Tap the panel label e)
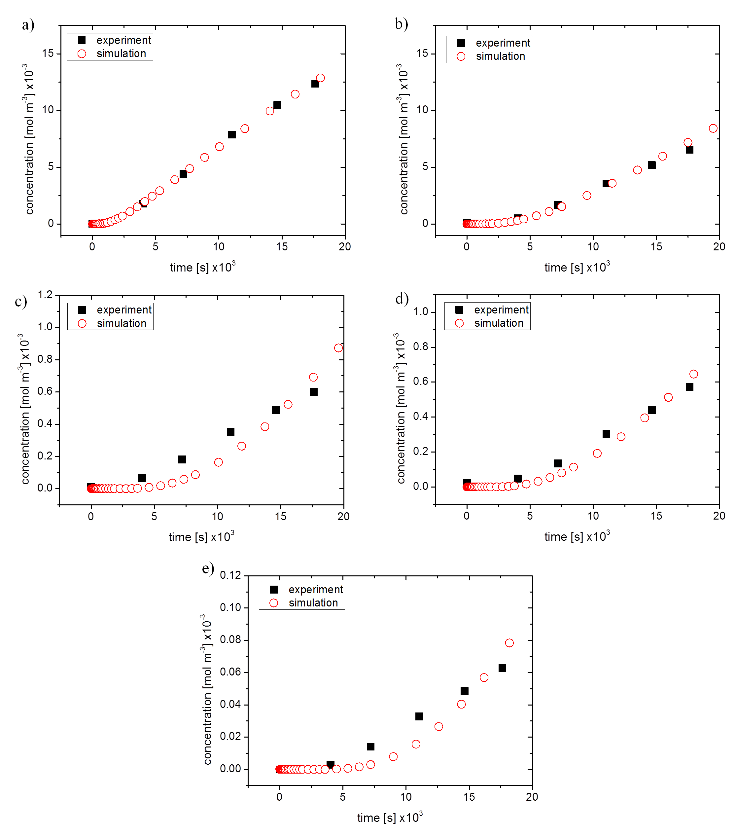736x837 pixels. [208, 569]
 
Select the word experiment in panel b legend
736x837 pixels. [503, 43]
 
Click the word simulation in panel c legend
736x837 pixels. [122, 323]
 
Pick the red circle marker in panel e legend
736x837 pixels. [274, 603]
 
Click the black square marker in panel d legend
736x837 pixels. [459, 310]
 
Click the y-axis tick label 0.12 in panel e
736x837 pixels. [230, 575]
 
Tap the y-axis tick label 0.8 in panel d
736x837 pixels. [420, 347]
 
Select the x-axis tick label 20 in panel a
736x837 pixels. [345, 246]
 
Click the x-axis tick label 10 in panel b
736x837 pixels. [593, 246]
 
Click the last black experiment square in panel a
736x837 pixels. [315, 84]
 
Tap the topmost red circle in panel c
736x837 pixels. [338, 348]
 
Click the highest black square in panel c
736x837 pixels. [314, 392]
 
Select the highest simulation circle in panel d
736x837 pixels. [693, 374]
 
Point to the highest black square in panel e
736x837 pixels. [502, 668]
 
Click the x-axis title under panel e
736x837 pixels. [390, 817]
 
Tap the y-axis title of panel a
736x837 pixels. [29, 139]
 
